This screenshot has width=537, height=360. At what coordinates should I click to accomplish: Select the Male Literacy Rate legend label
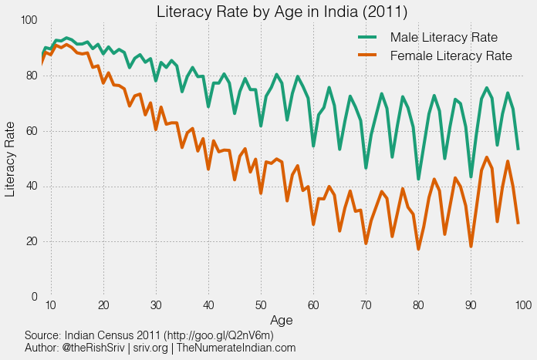pos(444,38)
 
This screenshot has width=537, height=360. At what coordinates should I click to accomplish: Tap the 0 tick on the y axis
pos(34,297)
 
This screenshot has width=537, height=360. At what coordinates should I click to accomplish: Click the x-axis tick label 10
pos(51,306)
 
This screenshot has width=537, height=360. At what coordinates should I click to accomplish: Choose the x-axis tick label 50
pos(261,306)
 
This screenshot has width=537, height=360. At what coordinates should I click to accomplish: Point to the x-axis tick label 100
pos(522,306)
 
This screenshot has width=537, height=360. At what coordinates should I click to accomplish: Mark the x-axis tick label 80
pos(418,306)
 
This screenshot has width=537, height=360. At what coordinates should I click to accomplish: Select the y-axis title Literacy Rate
pos(11,159)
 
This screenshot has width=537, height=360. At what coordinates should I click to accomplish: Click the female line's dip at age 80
pos(419,249)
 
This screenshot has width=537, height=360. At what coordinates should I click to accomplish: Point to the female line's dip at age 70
pos(366,244)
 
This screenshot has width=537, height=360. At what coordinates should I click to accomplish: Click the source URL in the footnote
pos(203,336)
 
